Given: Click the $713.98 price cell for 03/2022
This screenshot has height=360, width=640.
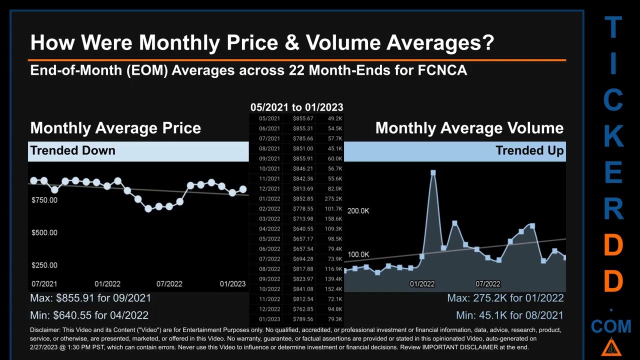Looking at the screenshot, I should (303, 219).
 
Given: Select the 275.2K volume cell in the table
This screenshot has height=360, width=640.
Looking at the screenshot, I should (333, 199).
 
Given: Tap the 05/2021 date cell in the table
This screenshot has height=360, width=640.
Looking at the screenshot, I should (269, 118).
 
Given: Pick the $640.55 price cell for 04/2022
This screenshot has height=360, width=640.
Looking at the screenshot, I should (303, 229).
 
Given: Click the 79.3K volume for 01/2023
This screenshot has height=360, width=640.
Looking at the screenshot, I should (334, 319).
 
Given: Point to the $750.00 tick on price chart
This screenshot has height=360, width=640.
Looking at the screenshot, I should (44, 200).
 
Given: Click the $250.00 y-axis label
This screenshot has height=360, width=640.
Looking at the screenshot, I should (44, 265).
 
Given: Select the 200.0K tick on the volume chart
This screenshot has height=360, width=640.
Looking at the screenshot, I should (358, 211).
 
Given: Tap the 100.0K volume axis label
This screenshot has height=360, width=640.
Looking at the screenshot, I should (358, 254).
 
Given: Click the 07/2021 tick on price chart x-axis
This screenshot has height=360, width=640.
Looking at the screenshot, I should (44, 284).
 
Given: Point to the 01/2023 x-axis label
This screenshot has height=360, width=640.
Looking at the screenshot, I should (232, 284).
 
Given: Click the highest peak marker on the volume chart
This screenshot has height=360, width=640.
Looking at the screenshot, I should (433, 173).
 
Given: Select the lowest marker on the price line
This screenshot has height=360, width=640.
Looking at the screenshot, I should (148, 209).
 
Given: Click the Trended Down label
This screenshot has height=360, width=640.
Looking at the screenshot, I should (72, 150).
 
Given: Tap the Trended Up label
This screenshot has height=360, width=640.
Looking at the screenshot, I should (529, 150).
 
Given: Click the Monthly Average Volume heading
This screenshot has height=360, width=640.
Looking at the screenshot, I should (469, 128).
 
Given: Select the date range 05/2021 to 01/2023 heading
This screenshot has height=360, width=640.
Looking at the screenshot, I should (296, 107).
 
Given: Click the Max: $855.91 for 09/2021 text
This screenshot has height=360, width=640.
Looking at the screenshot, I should (90, 298).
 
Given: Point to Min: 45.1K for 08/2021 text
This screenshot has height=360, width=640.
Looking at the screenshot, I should (509, 315).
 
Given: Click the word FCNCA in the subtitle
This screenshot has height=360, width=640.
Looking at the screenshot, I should (442, 70).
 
